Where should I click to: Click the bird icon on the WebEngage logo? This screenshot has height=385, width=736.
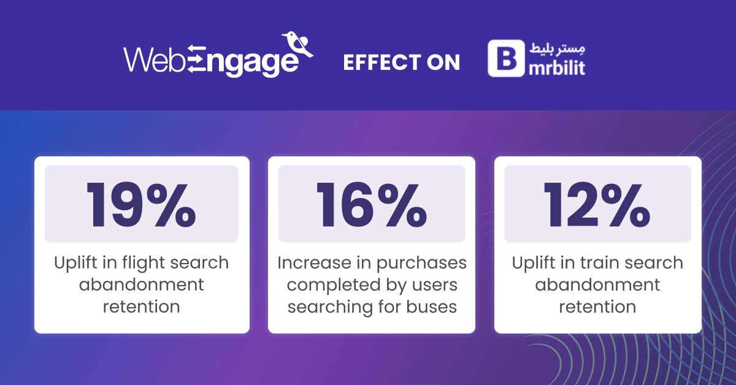click(297, 44)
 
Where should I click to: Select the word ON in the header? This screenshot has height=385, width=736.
click(443, 63)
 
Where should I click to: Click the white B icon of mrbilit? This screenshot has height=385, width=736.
click(507, 58)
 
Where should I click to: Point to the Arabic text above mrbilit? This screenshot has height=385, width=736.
click(558, 48)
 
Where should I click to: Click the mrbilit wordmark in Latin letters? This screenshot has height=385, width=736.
click(557, 67)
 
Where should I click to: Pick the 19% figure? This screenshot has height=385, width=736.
click(141, 205)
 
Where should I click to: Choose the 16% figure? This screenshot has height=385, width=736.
click(372, 205)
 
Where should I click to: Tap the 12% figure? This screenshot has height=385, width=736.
click(597, 205)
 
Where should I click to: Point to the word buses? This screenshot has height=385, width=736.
click(431, 307)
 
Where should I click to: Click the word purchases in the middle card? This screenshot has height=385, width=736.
click(421, 264)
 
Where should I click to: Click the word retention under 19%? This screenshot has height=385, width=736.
click(141, 307)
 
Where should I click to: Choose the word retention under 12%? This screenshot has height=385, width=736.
click(597, 307)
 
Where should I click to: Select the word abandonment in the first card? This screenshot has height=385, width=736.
click(141, 284)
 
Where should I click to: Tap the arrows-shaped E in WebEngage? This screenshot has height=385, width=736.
click(196, 58)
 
